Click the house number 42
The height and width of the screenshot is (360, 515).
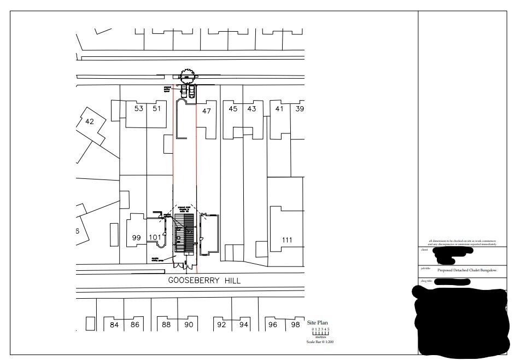pos(90,121)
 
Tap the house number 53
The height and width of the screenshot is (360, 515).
pos(139,108)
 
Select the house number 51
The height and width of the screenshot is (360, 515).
pos(157,108)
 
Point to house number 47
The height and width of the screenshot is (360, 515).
pos(206,111)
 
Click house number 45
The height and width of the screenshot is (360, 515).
pos(233,109)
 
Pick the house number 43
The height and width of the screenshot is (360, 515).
pos(251,109)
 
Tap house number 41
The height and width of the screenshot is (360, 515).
pos(279,108)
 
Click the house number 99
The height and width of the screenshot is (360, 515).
pos(137,237)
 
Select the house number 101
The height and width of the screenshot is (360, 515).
pos(155,237)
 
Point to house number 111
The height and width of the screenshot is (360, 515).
pos(287,240)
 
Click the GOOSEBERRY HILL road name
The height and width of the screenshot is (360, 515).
pos(204,281)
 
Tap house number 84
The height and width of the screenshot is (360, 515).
pos(114,325)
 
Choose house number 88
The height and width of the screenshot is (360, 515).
pos(167,325)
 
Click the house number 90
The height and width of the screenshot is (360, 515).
pos(189,325)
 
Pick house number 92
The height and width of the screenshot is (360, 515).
pos(221,325)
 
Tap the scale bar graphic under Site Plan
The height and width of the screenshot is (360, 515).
pos(321,333)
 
